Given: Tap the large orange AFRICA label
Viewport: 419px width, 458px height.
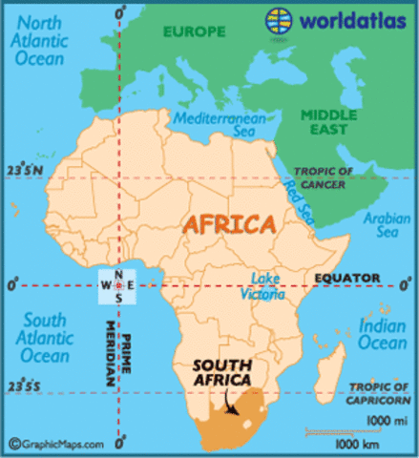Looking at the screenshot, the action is tap(229, 225).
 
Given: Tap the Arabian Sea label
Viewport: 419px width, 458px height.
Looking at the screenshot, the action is tap(379, 225).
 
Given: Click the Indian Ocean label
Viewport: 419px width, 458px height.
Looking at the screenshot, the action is tap(383, 334).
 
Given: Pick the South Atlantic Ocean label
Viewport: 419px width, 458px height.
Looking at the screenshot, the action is tap(44, 338).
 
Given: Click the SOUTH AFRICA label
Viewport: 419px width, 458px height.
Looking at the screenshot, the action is tap(221, 372).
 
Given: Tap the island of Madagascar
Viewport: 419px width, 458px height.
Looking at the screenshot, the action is tap(330, 367).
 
